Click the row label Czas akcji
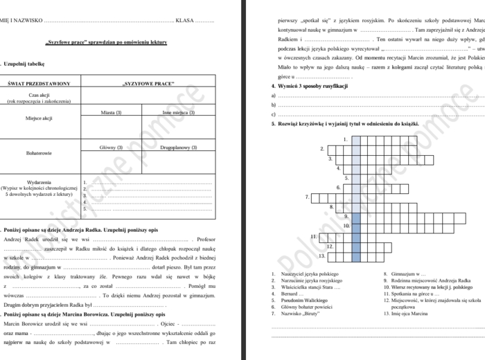39,94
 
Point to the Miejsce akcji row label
39,118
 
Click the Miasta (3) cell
112,112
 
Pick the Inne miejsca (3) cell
178,112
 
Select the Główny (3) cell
112,147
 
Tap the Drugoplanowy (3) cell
178,147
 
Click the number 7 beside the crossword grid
306,197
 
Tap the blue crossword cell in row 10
356,226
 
